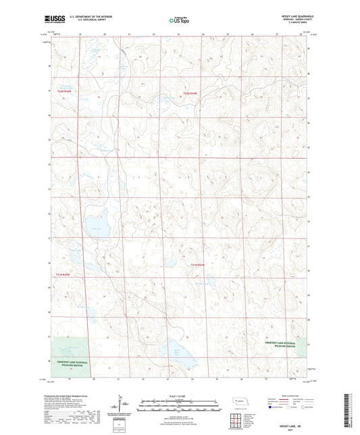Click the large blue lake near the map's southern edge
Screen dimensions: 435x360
click(174, 351)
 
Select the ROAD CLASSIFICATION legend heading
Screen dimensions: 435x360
click(290, 396)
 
